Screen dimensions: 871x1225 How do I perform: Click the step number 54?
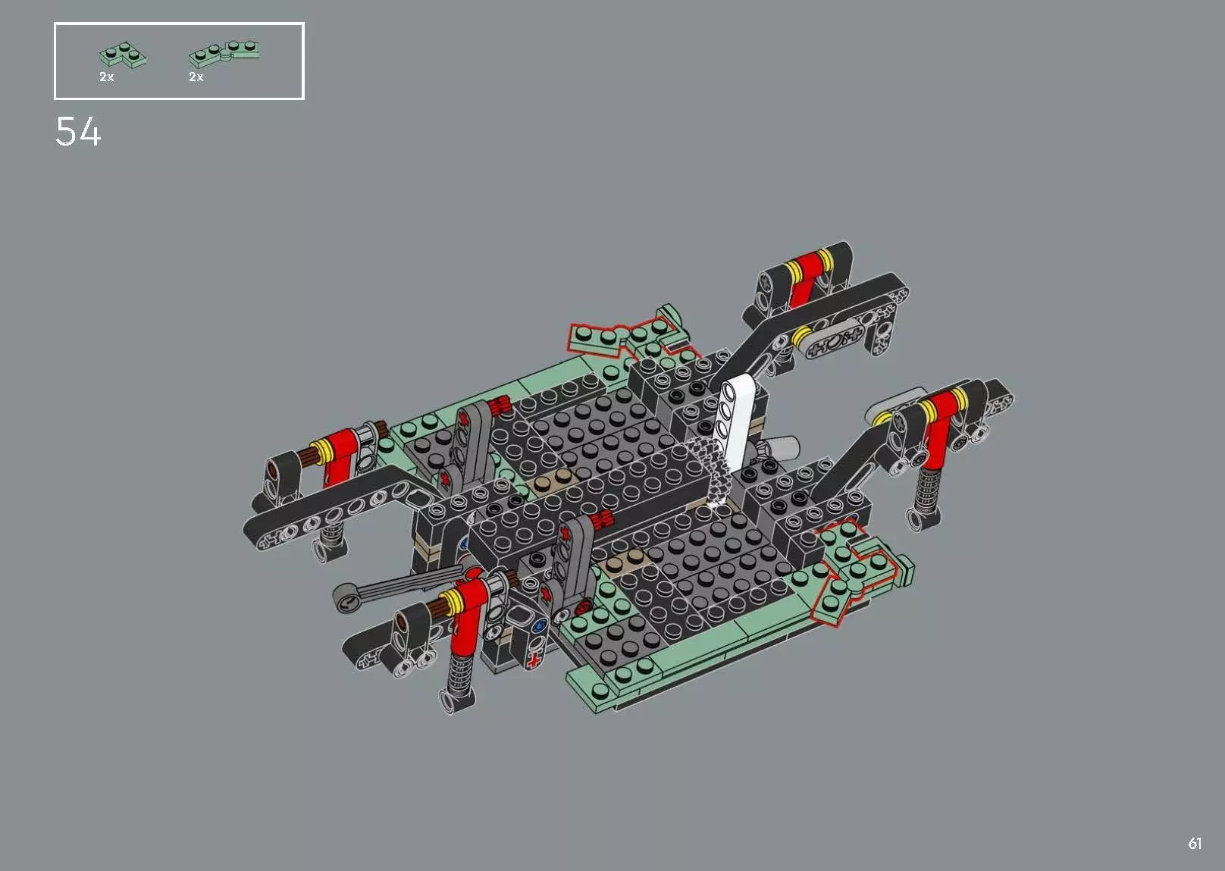point(78,133)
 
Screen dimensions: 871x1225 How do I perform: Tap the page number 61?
point(1195,843)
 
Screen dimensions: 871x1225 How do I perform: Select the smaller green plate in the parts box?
point(123,55)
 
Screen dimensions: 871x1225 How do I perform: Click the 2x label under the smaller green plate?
point(106,77)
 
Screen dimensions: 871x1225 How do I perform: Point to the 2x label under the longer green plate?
point(196,77)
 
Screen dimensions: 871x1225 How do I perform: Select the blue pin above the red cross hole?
point(540,626)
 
